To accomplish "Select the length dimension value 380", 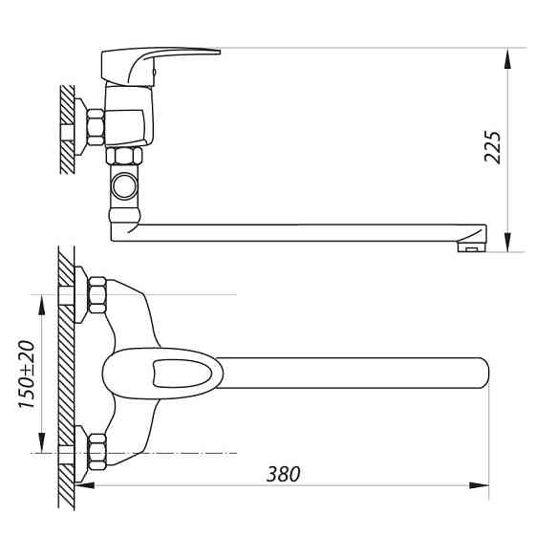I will [284, 473].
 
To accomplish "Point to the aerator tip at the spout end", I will [469, 247].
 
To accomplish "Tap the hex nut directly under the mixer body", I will [124, 157].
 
